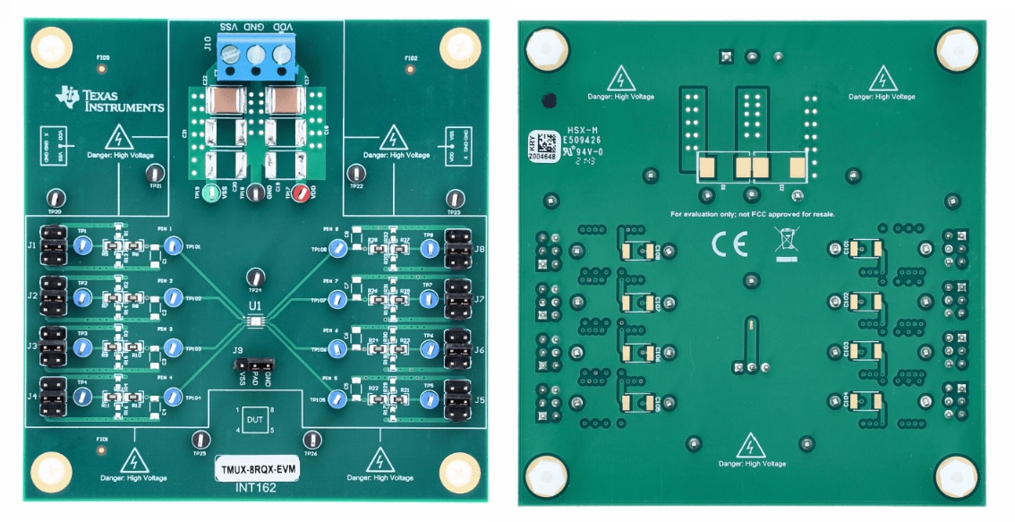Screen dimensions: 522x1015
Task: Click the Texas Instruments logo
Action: [108, 100]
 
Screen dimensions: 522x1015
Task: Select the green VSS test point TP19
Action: [211, 193]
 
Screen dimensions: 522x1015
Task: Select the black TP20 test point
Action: [55, 199]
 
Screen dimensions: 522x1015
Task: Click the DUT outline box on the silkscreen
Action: [256, 420]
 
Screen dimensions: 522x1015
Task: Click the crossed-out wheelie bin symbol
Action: [786, 243]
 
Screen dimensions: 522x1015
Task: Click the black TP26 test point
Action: [311, 439]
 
